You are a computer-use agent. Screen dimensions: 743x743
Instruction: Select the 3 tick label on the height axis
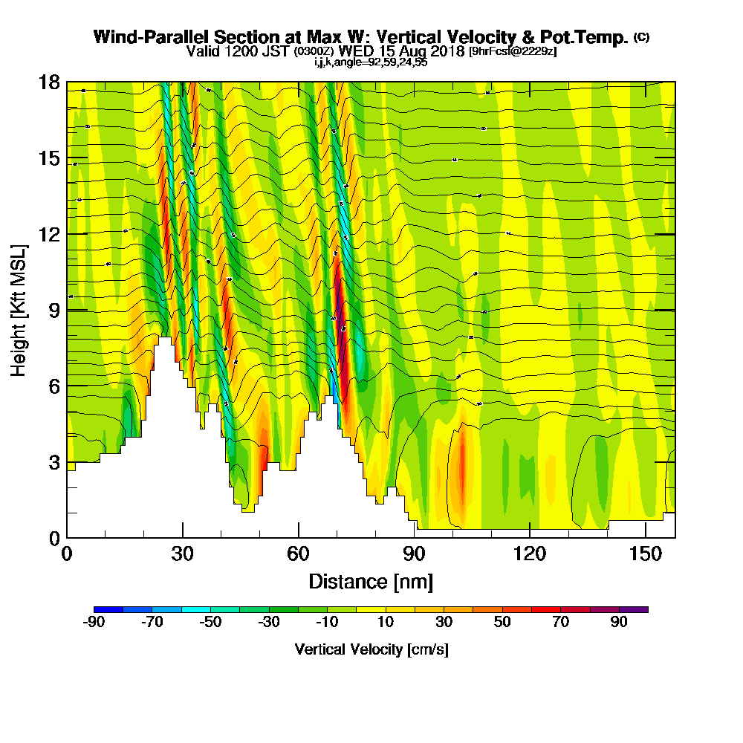55,462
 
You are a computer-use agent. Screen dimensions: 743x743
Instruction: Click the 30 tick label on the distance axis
183,553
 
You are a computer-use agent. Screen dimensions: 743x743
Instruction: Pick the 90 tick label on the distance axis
414,553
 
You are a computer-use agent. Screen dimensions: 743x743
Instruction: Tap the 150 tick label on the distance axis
646,553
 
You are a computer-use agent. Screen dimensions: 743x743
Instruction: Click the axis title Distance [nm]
371,581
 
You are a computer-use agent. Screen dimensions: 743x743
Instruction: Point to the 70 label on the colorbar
559,623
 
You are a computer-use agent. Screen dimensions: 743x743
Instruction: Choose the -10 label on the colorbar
327,623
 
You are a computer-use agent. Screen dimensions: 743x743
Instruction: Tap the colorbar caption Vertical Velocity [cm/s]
371,649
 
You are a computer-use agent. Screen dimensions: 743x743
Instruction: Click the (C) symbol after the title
641,37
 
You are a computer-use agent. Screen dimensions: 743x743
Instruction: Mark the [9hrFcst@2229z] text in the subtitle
513,51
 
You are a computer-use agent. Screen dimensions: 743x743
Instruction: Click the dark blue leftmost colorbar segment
108,609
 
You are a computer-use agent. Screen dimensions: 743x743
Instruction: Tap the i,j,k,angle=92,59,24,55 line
371,62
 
